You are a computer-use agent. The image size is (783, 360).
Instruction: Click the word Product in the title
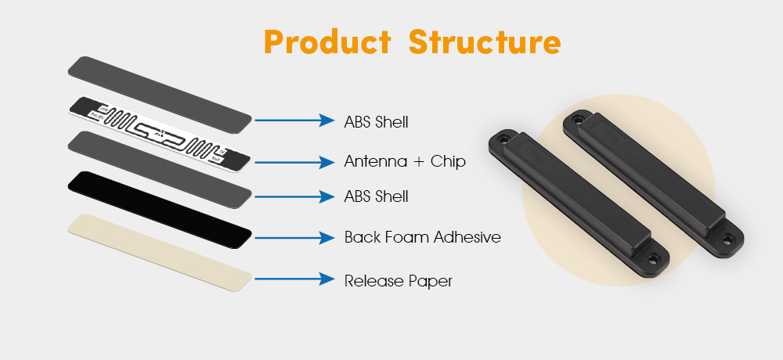coord(327,42)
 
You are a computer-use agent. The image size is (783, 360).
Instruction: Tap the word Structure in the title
coord(485,42)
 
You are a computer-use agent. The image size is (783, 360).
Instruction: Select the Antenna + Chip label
coord(405,161)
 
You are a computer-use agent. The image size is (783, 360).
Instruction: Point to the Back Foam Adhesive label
coord(423,236)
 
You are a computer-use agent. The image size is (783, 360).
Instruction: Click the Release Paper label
coord(398,281)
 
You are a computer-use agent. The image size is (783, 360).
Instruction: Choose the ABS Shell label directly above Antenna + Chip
coord(376,122)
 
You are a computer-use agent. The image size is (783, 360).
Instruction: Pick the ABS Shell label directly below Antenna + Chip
coord(376,196)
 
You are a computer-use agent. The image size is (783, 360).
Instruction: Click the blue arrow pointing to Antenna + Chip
coord(294,162)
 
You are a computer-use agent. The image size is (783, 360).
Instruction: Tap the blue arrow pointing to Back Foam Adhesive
coord(294,238)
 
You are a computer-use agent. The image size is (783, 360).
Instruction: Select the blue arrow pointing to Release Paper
coord(294,279)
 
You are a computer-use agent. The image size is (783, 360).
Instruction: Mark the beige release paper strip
coord(159,253)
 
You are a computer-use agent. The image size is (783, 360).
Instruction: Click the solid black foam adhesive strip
coord(159,210)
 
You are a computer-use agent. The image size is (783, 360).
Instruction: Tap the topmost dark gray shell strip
coord(159,95)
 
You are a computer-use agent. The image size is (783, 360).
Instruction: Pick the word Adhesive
coord(467,236)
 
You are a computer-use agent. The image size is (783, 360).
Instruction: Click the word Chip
coord(448,161)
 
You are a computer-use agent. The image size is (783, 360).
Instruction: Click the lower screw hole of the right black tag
coord(728,239)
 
